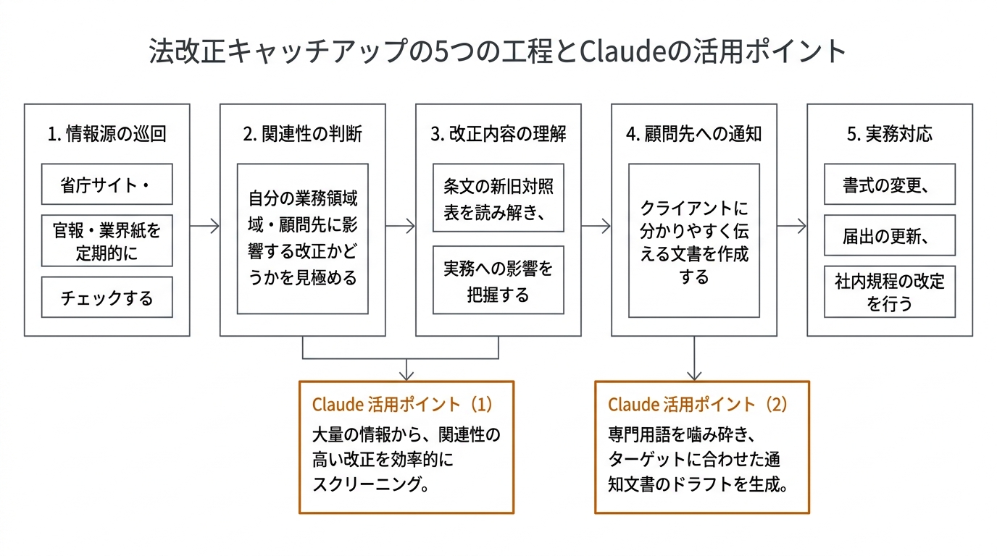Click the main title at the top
[x=498, y=52]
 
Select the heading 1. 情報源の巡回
[x=107, y=134]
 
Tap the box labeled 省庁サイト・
[x=107, y=185]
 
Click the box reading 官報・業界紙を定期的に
[x=107, y=241]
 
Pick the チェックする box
[x=107, y=298]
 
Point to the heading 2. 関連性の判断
[x=302, y=134]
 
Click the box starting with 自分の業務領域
[x=302, y=238]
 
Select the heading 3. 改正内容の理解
[x=498, y=134]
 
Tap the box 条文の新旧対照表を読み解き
[x=498, y=198]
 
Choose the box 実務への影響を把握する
[x=498, y=280]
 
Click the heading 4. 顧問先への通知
[x=693, y=134]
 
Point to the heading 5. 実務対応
[x=889, y=134]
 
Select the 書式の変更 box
[x=889, y=185]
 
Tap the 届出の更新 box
[x=889, y=236]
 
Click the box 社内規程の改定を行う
[x=889, y=292]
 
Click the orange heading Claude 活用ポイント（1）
[x=403, y=404]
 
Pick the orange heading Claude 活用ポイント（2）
[x=698, y=404]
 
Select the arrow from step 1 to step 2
[x=205, y=227]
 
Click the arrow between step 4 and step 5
[x=792, y=227]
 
